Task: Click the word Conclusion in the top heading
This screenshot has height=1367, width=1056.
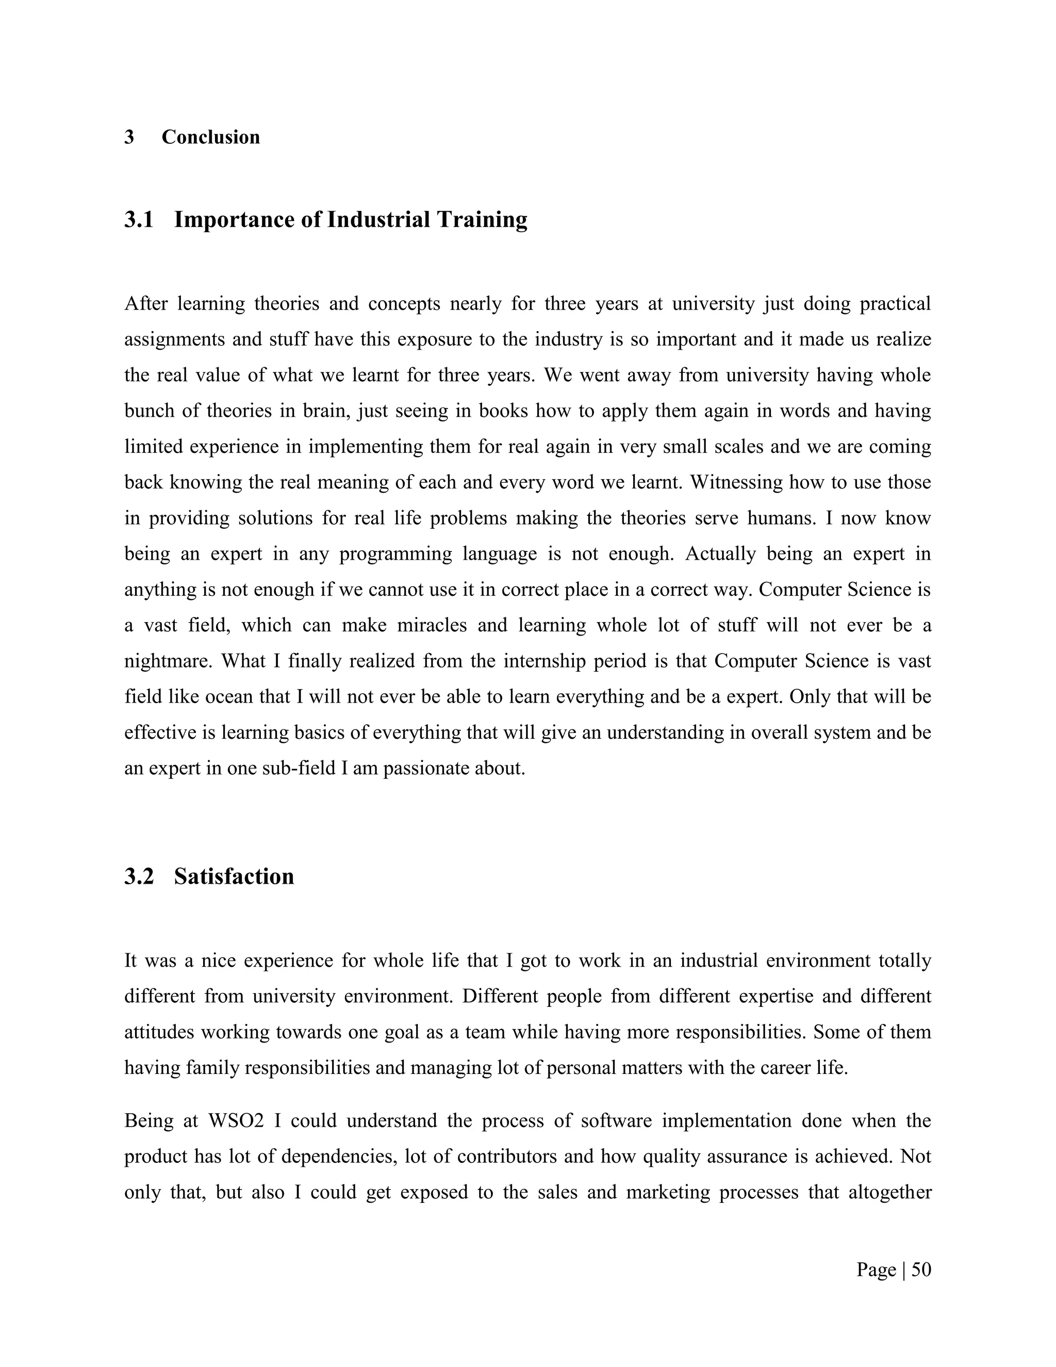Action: point(210,137)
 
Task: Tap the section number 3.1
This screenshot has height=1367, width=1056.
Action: point(139,220)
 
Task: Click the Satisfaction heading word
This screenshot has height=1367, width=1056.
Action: point(234,876)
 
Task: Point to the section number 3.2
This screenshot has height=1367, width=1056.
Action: point(139,876)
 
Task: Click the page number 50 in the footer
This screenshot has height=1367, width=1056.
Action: point(921,1270)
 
